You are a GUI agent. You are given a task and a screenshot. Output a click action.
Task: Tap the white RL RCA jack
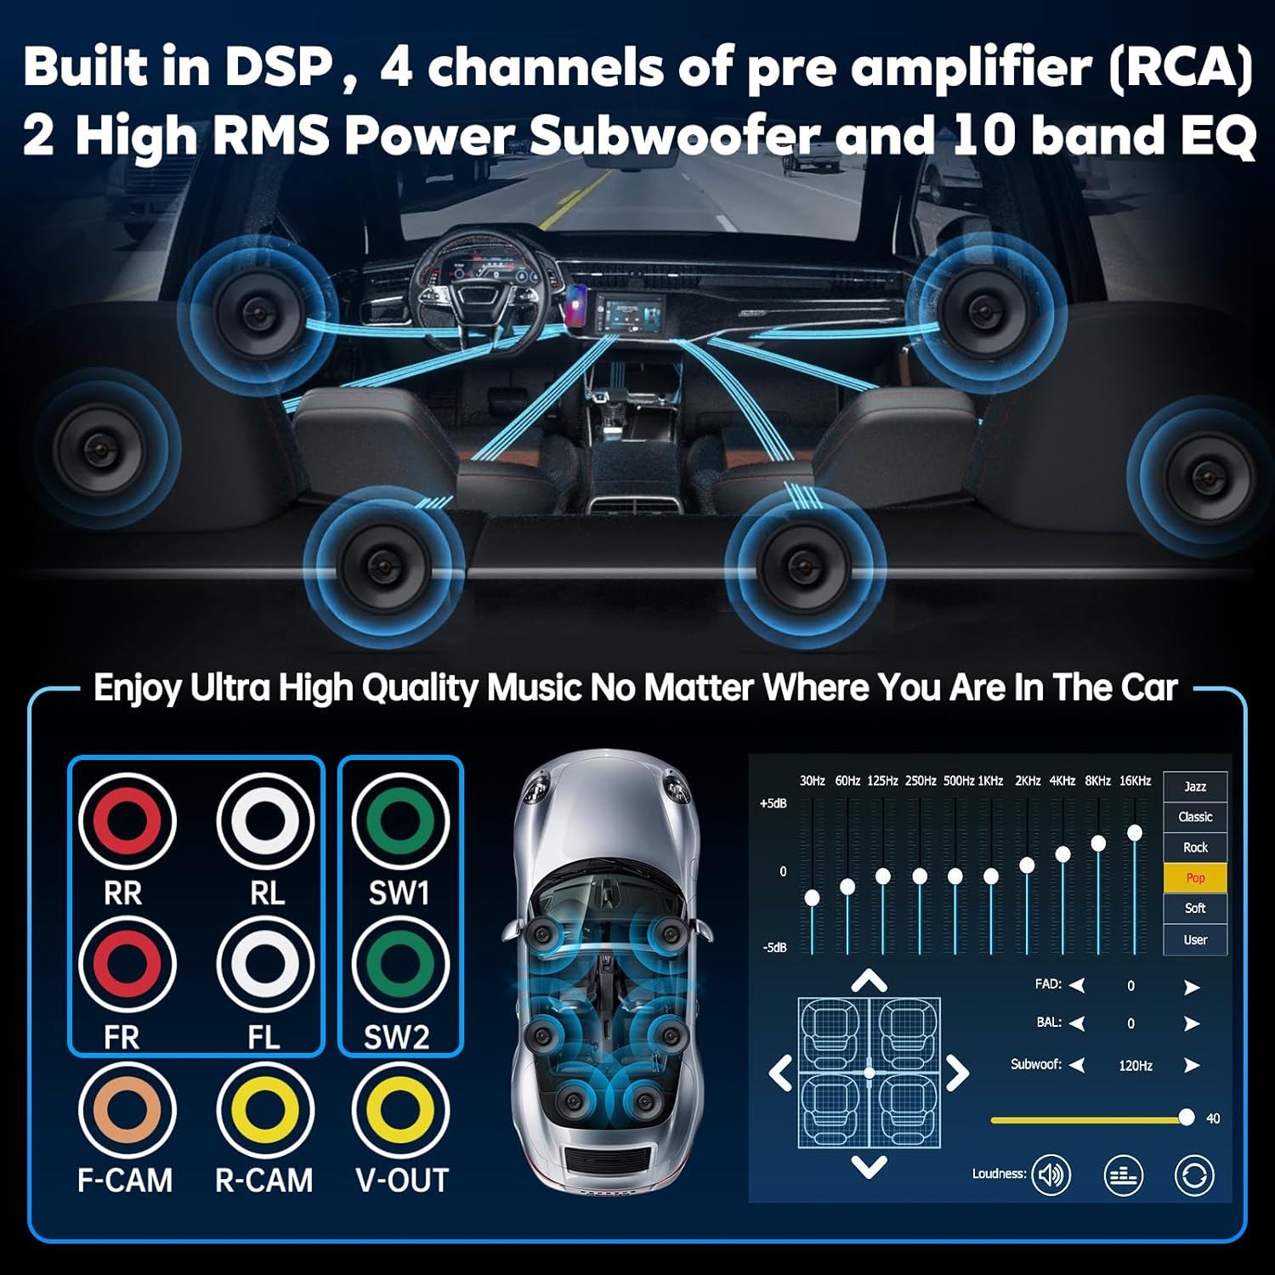[266, 820]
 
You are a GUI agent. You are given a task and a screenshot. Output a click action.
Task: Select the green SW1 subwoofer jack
[399, 820]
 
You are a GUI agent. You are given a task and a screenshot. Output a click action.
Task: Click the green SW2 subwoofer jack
[399, 964]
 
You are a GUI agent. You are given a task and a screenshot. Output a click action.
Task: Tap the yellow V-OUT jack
[399, 1108]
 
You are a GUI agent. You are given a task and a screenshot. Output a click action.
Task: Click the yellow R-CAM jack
[266, 1108]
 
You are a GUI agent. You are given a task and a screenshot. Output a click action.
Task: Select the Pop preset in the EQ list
[1195, 878]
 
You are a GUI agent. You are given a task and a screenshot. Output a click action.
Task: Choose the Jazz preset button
[1195, 786]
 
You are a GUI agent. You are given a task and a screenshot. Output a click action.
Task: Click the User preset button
[1195, 939]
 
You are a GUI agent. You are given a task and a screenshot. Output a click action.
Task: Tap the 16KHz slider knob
[1134, 833]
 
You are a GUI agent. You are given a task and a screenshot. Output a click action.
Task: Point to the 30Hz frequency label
[812, 780]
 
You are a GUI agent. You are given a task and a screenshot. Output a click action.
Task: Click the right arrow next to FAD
[1192, 987]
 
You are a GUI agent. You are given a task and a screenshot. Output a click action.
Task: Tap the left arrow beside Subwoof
[1077, 1065]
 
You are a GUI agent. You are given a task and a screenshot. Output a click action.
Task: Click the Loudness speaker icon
[1051, 1175]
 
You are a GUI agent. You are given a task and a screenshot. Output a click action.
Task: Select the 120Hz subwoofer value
[1136, 1066]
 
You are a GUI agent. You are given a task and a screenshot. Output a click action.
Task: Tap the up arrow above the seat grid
[869, 982]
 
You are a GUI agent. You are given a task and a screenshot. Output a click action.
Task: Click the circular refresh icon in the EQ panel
[1193, 1176]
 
